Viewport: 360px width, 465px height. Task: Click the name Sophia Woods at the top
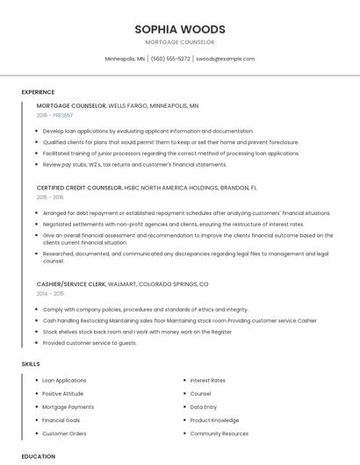(179, 29)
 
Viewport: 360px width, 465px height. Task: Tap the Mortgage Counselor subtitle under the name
(179, 42)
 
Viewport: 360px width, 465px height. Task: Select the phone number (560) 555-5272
(170, 59)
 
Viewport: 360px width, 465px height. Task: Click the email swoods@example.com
(225, 59)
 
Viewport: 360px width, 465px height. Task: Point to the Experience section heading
(38, 92)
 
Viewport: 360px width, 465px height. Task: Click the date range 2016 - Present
(54, 115)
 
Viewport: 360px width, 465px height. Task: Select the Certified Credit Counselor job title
(70, 188)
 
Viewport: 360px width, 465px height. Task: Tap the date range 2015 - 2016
(50, 197)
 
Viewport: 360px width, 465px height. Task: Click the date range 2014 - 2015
(50, 294)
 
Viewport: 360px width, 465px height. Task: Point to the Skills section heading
(31, 363)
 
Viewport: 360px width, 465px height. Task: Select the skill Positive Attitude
(64, 394)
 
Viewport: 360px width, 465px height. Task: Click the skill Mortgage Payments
(68, 407)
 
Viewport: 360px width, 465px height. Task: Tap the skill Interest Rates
(207, 381)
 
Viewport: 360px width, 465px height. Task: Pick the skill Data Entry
(203, 407)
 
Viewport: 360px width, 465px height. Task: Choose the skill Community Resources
(219, 433)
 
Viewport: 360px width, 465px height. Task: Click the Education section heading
(38, 456)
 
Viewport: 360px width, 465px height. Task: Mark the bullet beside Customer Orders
(37, 433)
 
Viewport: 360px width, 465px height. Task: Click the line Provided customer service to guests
(90, 343)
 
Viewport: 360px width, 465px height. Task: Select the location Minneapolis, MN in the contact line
(125, 59)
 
